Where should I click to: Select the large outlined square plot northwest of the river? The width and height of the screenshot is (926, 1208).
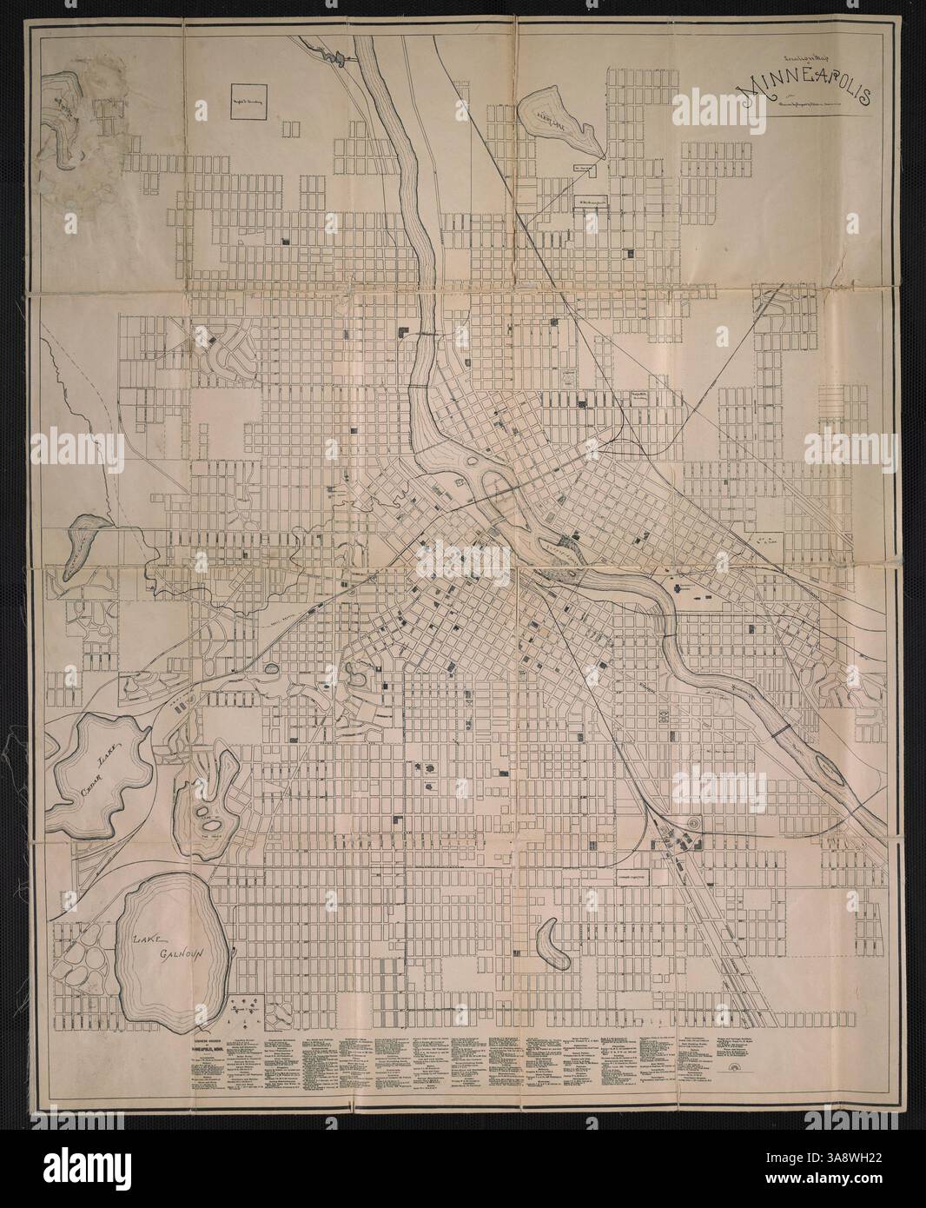(x=248, y=102)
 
